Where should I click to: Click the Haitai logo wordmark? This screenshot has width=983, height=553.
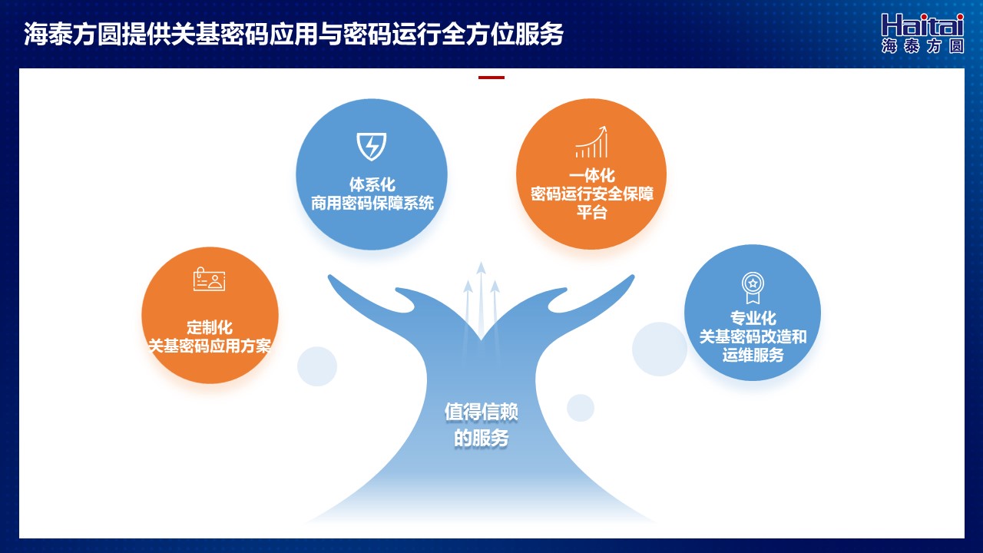pyautogui.click(x=922, y=25)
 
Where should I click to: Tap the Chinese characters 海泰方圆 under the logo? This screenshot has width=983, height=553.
pyautogui.click(x=922, y=46)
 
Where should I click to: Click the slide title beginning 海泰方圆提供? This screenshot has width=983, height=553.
pyautogui.click(x=293, y=34)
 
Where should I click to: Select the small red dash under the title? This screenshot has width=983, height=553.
pyautogui.click(x=491, y=78)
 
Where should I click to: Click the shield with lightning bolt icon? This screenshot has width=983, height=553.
pyautogui.click(x=371, y=146)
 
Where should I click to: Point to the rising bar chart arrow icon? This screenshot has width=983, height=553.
pyautogui.click(x=591, y=142)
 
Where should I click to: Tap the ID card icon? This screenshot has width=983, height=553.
pyautogui.click(x=210, y=279)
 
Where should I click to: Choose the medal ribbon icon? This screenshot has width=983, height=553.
pyautogui.click(x=753, y=287)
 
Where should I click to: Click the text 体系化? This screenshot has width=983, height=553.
pyautogui.click(x=372, y=184)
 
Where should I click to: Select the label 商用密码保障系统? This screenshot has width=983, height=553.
pyautogui.click(x=372, y=204)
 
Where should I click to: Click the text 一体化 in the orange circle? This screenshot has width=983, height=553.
pyautogui.click(x=591, y=176)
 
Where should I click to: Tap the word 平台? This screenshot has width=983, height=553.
pyautogui.click(x=591, y=213)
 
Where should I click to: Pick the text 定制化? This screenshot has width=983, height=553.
pyautogui.click(x=210, y=327)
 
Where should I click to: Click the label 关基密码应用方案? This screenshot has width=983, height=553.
pyautogui.click(x=210, y=346)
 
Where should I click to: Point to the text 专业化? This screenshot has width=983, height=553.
pyautogui.click(x=753, y=318)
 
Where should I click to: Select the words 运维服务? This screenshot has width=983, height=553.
pyautogui.click(x=753, y=355)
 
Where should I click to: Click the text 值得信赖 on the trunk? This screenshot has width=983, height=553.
pyautogui.click(x=481, y=412)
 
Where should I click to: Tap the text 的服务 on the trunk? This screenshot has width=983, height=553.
pyautogui.click(x=481, y=438)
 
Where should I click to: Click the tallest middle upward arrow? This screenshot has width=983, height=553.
pyautogui.click(x=481, y=299)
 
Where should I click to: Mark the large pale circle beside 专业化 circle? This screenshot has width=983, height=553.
pyautogui.click(x=659, y=349)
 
